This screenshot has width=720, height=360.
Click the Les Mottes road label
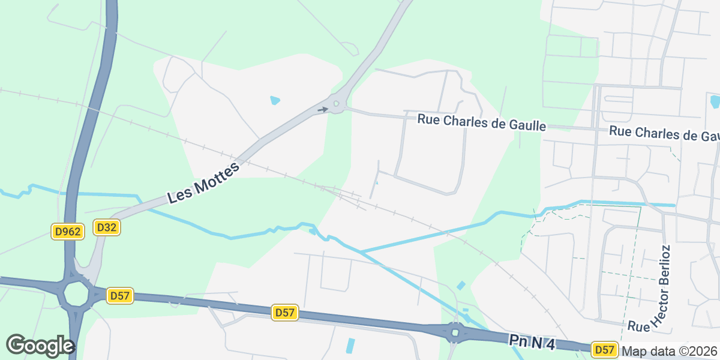point(203,182)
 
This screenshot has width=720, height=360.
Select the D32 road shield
point(107,227)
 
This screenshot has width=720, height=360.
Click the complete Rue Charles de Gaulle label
point(482,122)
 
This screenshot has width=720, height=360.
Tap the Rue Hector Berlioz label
point(658,289)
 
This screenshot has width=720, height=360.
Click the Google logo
point(40,346)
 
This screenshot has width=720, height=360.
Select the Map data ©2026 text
point(670,351)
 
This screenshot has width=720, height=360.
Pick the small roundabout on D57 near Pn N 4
point(455,332)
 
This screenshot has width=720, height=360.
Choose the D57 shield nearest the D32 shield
point(120,295)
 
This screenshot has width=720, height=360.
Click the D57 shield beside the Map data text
point(604,349)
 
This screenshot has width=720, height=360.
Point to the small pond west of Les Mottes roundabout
point(275,100)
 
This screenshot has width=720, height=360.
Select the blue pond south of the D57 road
point(350,346)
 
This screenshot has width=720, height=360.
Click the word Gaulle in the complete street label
point(526,125)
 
